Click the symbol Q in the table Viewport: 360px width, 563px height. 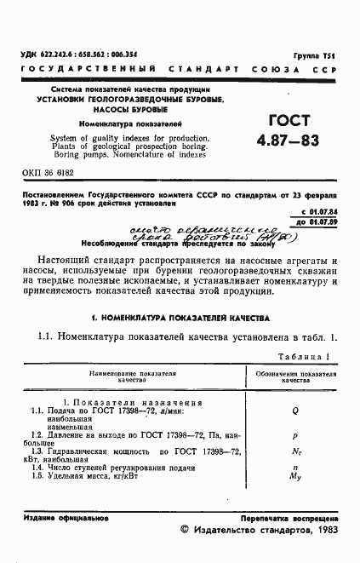pyautogui.click(x=295, y=410)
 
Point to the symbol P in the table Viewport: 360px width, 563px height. pyautogui.click(x=295, y=434)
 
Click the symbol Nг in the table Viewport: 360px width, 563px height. pyautogui.click(x=295, y=451)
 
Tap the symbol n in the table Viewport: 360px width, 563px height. pyautogui.click(x=295, y=468)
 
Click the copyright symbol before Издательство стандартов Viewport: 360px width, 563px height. pyautogui.click(x=186, y=530)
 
